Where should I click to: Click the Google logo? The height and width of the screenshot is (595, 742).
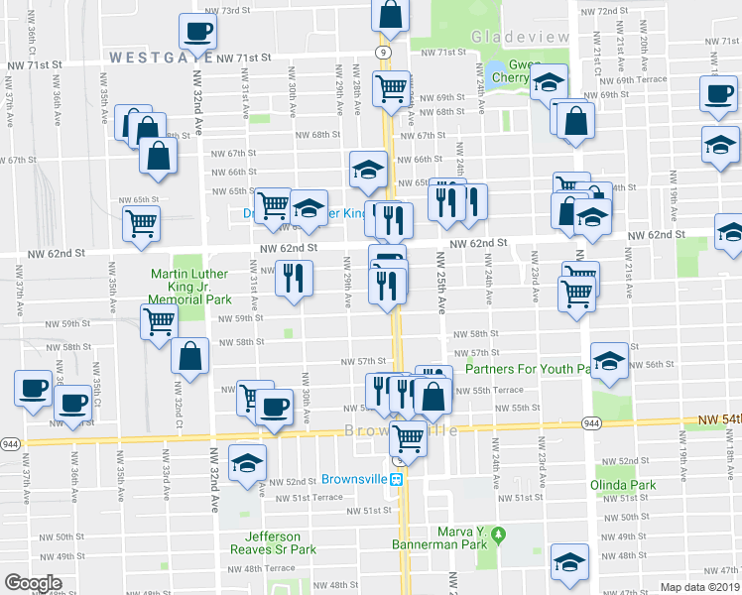[33, 583]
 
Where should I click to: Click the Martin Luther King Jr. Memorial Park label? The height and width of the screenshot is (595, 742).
[189, 286]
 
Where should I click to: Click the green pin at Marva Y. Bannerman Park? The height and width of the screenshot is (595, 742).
[500, 535]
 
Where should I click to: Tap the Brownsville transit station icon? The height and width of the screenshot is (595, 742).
[396, 478]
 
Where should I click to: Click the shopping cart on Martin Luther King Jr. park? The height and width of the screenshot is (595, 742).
[159, 321]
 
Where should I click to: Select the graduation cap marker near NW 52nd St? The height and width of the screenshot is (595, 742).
[247, 461]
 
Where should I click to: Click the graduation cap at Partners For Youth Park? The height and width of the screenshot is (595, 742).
[609, 359]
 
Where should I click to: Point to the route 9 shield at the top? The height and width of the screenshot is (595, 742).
[382, 51]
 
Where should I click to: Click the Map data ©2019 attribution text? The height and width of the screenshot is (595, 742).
[700, 587]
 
